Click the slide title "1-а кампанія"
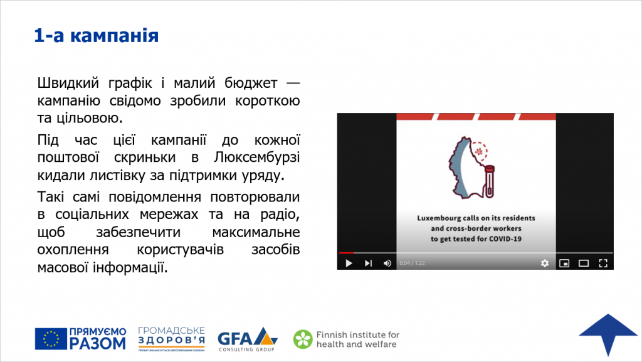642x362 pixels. [96, 36]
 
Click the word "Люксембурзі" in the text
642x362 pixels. [256, 157]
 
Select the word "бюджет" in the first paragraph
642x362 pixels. [251, 83]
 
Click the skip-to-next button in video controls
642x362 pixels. [368, 263]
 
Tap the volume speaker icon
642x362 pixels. [387, 263]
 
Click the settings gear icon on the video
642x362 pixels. [545, 263]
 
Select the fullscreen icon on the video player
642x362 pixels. [603, 263]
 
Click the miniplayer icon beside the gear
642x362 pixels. [564, 263]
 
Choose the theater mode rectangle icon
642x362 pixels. [584, 263]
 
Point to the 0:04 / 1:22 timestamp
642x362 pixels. [413, 263]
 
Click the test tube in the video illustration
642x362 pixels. [489, 181]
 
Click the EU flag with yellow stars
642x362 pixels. [51, 339]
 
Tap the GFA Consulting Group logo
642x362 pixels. [247, 339]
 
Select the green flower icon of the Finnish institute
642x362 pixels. [303, 339]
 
